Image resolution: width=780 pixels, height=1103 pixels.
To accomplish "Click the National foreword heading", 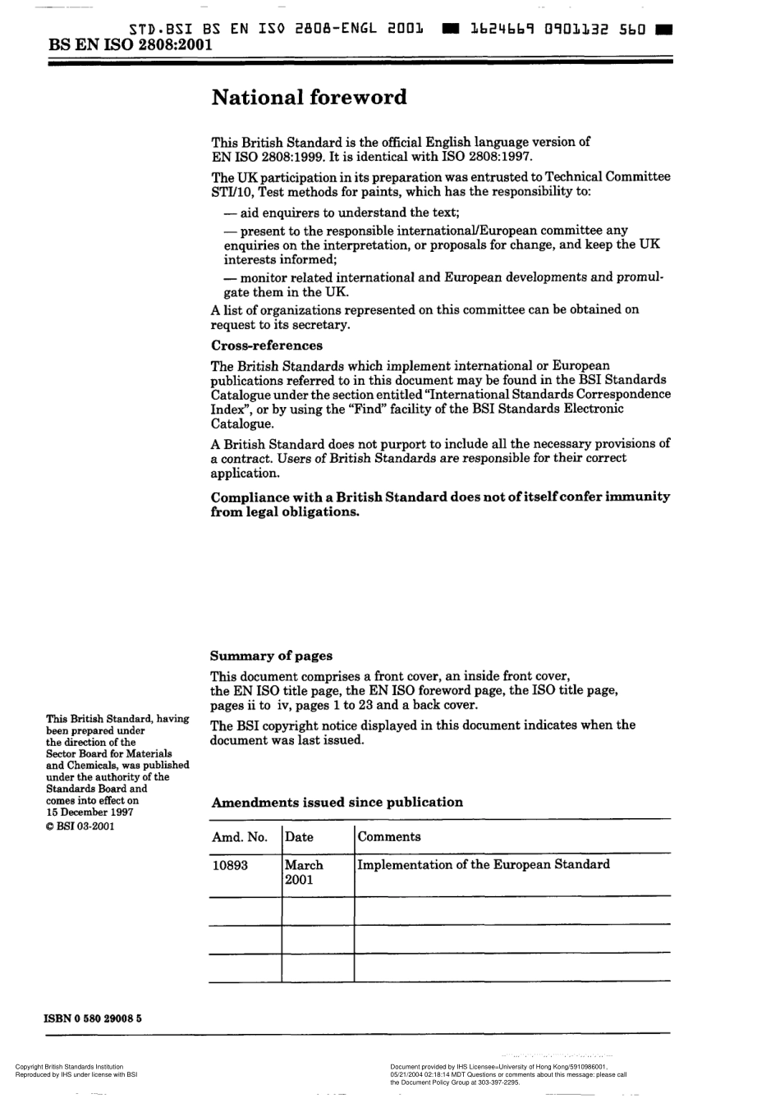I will click(x=309, y=98).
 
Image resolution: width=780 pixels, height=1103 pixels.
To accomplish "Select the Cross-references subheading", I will click(x=267, y=346).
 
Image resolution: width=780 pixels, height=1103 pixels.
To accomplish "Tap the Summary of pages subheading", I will click(x=271, y=656).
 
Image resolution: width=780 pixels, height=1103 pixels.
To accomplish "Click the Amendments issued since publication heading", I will click(x=337, y=802).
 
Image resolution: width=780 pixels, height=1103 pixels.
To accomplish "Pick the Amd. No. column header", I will click(x=240, y=837).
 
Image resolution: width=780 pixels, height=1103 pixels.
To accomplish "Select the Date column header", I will click(x=299, y=837).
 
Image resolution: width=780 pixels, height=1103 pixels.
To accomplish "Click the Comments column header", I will click(x=389, y=837).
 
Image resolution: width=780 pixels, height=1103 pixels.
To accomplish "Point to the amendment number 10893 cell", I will click(x=230, y=865).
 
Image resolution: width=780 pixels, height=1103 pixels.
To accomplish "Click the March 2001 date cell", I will click(x=304, y=872).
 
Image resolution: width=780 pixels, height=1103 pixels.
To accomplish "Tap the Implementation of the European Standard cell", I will click(x=484, y=864).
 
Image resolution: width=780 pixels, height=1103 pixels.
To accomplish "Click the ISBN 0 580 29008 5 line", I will click(x=93, y=1018).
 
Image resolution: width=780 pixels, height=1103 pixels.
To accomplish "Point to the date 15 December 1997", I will click(x=90, y=812).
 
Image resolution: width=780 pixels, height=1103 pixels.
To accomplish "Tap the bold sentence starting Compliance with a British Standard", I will click(x=440, y=504).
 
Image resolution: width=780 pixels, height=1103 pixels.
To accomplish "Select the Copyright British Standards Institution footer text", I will click(x=69, y=1067).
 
